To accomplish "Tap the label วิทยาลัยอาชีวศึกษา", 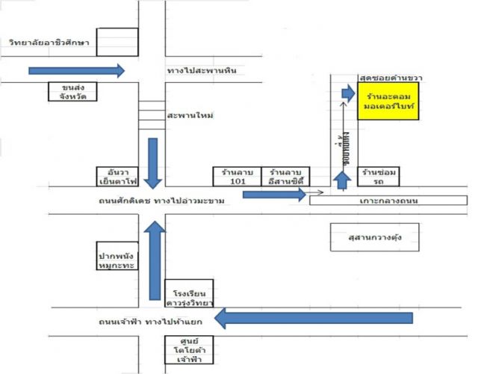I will click(x=49, y=43).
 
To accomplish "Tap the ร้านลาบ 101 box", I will click(x=236, y=176).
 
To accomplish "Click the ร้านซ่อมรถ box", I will click(x=371, y=176).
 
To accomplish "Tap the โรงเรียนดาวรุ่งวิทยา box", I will click(x=189, y=294).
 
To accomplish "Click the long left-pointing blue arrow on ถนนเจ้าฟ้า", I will click(x=314, y=318).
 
